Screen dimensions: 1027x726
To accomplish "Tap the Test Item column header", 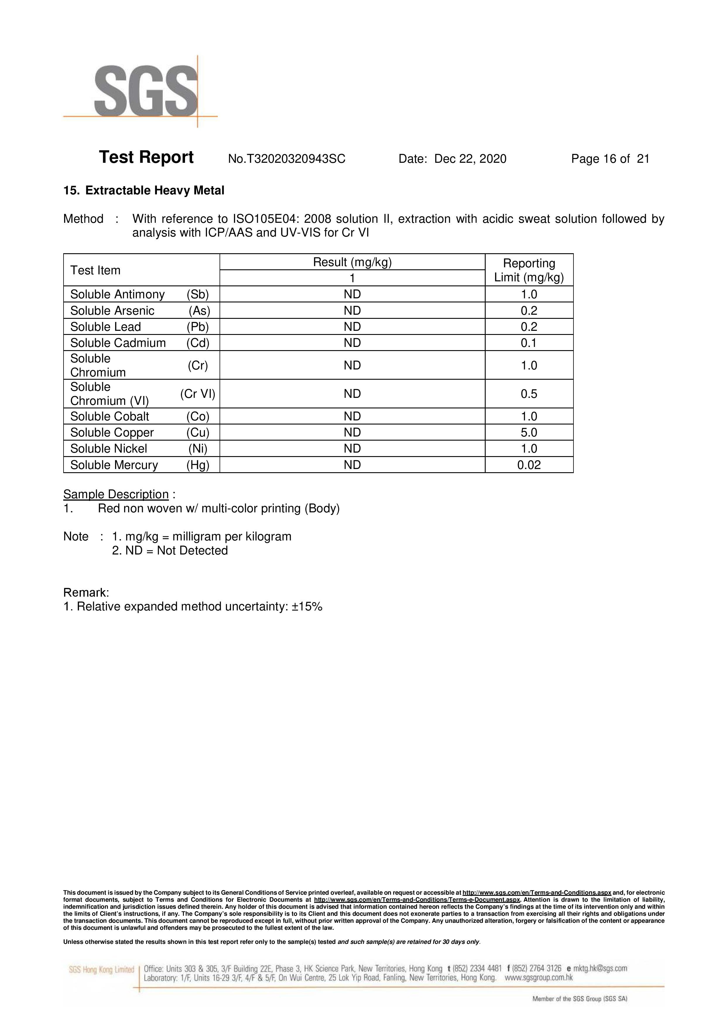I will (95, 270).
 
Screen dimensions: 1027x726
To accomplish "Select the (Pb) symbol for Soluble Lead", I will (198, 327).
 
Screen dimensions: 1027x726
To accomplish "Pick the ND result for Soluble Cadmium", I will (352, 343).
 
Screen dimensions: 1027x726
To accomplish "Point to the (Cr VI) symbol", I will (198, 394).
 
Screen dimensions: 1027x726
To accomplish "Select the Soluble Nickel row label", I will (109, 449).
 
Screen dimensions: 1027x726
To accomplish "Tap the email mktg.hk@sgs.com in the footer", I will (600, 968).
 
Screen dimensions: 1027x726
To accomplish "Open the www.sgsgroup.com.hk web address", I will (539, 978).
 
